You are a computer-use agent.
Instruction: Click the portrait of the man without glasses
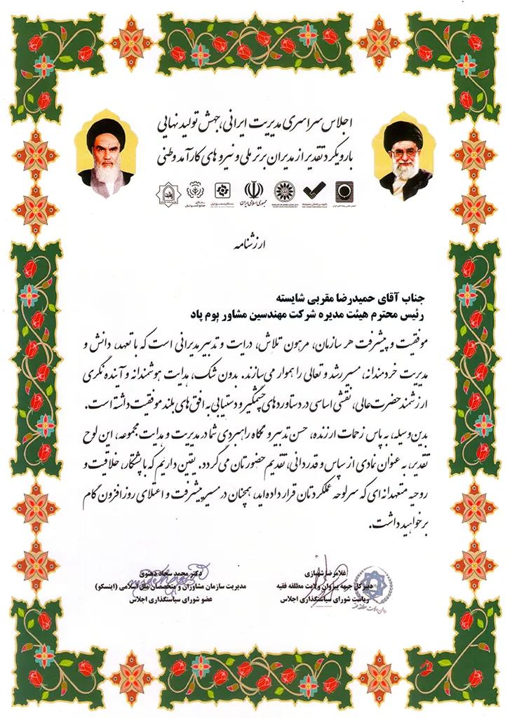(x=106, y=156)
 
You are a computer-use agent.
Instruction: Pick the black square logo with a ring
(x=344, y=191)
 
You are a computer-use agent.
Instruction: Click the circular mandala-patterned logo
(x=283, y=190)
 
